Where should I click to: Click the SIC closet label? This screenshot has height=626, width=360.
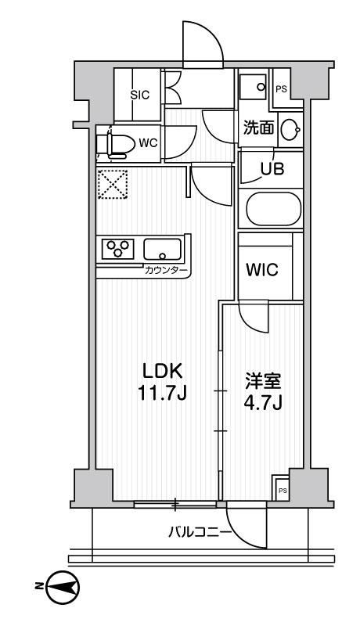[139, 95]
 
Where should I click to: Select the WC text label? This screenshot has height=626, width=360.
[149, 143]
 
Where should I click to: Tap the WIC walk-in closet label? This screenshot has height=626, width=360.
[261, 270]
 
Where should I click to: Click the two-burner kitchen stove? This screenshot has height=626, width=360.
[118, 249]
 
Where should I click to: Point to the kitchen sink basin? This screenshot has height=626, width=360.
[162, 250]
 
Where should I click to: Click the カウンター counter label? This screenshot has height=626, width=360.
[166, 270]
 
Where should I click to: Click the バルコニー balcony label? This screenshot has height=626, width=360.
[199, 533]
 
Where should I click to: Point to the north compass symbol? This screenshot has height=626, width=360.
[60, 585]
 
